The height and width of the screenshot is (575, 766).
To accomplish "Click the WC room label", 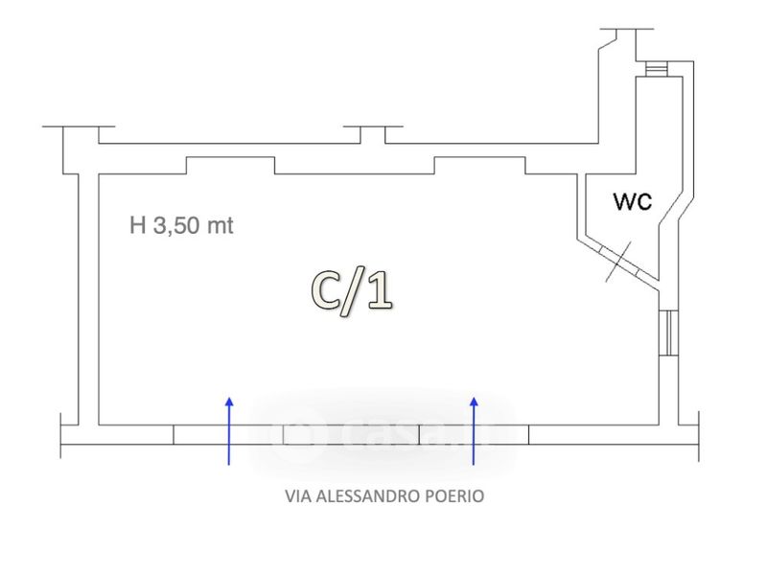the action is pos(633,201).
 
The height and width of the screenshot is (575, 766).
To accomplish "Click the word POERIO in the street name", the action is pos(454,496).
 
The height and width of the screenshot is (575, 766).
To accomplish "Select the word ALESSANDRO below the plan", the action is pos(369,496).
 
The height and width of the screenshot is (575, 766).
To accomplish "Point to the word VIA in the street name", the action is pos(298,496).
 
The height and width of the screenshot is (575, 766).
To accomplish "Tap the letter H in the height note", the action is pos(138,226).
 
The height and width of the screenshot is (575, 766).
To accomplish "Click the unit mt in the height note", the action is pos(221,227).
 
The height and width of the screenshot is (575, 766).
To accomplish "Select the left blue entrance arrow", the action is pos(228,431).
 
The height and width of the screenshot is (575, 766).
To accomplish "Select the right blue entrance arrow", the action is pos(474,431).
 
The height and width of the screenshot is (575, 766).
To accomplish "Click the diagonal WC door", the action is pos(618,261).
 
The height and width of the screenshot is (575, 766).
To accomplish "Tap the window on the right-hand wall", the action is pos(669,333).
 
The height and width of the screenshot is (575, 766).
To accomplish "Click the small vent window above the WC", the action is pos(656,69).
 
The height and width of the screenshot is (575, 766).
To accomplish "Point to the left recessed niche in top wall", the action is pos(230,166).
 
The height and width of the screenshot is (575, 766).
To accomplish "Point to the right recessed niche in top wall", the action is pos(479,166).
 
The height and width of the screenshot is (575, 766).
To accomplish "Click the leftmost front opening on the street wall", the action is pos(228,435).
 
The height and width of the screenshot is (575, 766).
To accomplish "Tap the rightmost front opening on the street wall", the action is pos(474,435).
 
